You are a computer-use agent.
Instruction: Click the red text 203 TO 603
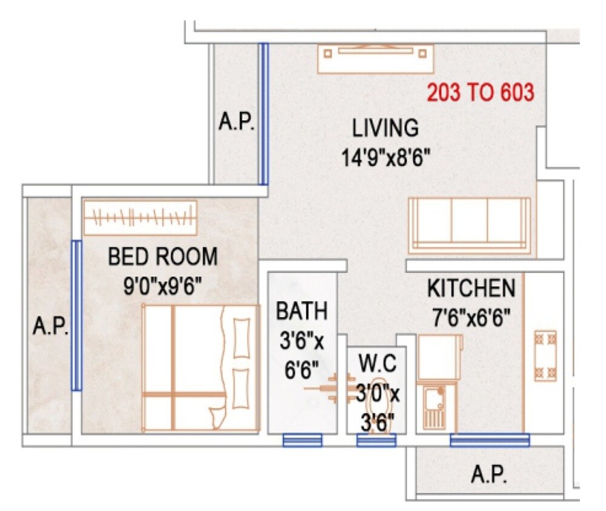point(481,93)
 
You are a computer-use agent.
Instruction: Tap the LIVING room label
point(385,129)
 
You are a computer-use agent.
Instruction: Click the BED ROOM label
point(162,257)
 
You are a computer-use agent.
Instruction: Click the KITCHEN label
point(471,288)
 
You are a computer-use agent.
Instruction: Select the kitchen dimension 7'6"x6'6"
point(471,316)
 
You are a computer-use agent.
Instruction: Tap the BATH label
point(302,311)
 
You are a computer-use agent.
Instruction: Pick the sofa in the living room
point(470,225)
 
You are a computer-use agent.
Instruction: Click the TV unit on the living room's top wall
point(376,58)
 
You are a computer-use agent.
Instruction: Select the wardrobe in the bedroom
point(141,216)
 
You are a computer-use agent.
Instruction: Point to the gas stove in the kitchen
point(545,355)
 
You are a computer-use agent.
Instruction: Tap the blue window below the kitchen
point(489,440)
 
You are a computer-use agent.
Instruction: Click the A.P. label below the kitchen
point(488,475)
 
